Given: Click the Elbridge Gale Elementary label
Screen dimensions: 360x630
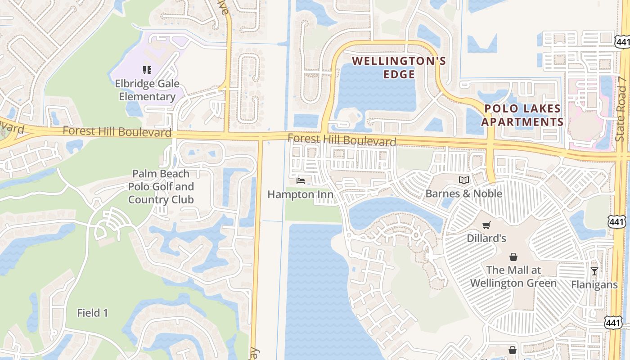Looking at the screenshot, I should pos(147,90).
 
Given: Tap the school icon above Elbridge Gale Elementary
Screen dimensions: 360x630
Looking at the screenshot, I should pos(147,70).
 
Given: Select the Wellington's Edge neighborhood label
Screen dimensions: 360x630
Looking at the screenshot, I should pos(399,67).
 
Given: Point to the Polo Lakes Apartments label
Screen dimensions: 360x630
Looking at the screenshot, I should pos(522,115).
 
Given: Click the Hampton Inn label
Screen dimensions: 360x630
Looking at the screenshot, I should pos(301,194).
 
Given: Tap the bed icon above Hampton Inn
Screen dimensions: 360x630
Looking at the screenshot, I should pos(301,181).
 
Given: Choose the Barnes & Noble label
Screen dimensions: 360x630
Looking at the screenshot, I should pos(464,193).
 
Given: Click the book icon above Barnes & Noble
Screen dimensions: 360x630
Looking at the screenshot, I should pos(464,180).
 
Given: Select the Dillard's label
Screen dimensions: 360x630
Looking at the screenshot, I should pos(486,238).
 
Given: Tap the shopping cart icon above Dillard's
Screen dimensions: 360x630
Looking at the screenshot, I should pos(486,225).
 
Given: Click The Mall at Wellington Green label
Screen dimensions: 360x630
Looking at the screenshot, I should pos(513,276).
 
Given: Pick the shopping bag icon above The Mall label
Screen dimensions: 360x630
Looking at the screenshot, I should pos(513,257).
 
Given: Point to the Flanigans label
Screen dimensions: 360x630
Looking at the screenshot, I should pos(594,284).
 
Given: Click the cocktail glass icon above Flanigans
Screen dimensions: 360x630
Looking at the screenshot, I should pos(594,271).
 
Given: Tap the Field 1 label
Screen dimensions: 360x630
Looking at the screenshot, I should pos(92,313).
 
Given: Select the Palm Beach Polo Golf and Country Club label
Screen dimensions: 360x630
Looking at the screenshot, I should pos(161,186).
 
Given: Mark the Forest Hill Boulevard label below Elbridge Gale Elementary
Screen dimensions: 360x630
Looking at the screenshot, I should pos(117,131).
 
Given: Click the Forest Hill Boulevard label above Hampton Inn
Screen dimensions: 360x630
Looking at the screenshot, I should pos(342,140).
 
